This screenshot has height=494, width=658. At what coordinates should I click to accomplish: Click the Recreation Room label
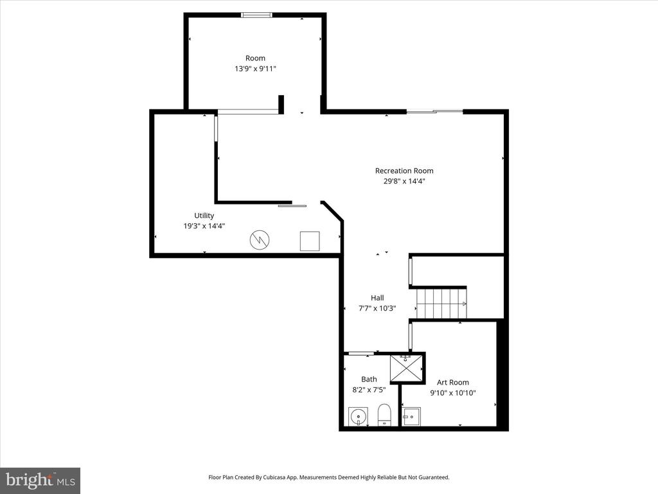pos(404,170)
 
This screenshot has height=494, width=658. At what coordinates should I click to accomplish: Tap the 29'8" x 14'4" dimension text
pos(404,181)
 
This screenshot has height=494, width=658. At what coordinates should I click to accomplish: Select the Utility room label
pos(204,215)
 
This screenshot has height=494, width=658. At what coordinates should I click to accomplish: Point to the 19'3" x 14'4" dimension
pos(204,226)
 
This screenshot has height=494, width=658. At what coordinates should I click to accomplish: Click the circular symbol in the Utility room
pos(260,241)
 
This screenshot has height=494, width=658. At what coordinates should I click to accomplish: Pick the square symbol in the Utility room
pos(310,241)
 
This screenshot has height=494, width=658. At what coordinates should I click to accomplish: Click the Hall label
pos(377,298)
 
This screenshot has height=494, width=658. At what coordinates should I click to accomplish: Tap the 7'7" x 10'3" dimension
pos(377,308)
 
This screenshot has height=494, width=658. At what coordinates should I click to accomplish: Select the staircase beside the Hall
pos(441,303)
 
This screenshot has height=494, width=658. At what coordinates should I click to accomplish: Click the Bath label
pos(369,380)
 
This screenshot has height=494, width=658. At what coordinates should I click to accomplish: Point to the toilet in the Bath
pos(384,415)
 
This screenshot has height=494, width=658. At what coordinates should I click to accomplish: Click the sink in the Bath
pos(357,416)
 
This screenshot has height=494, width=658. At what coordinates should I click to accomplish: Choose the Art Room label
pos(453,382)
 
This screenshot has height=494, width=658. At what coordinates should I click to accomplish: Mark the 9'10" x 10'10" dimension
pos(453,393)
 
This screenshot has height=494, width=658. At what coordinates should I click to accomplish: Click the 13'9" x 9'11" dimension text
pos(255,68)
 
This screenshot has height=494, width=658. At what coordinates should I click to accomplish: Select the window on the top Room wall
pos(256,15)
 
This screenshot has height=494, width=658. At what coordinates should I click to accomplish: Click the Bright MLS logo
pos(40,480)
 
